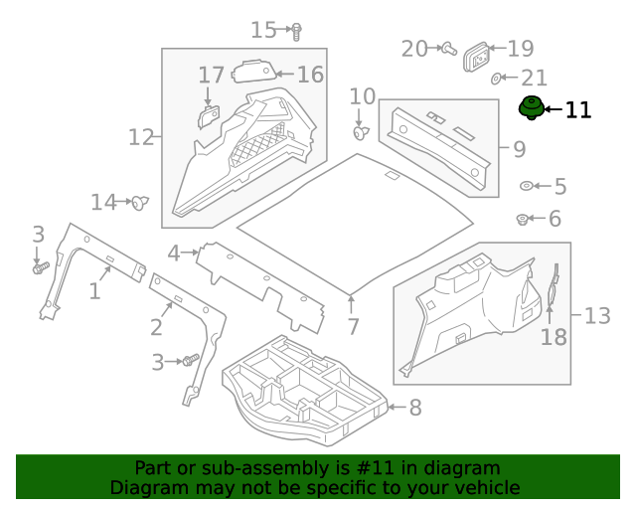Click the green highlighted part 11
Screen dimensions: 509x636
(x=532, y=109)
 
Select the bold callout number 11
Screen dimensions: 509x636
(x=577, y=110)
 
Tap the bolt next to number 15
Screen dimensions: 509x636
(x=295, y=31)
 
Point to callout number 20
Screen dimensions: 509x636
(x=413, y=48)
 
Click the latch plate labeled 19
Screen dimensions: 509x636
(x=479, y=59)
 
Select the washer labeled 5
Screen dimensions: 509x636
(x=527, y=186)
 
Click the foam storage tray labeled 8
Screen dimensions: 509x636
(x=303, y=386)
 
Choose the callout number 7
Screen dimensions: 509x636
(x=353, y=327)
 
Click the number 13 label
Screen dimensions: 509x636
(x=596, y=316)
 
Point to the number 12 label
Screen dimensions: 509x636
(x=141, y=136)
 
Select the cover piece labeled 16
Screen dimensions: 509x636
(x=255, y=72)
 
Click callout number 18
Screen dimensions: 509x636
(x=554, y=337)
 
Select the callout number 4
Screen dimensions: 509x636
(x=174, y=254)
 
